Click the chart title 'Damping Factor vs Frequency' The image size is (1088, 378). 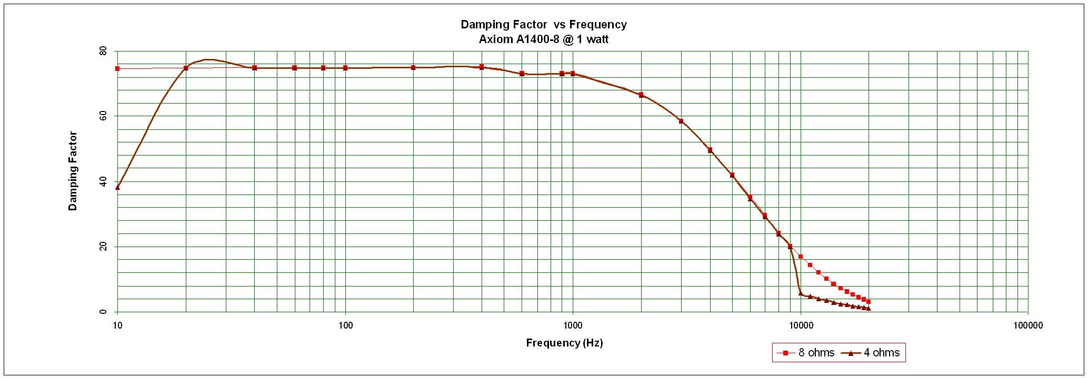click(x=543, y=24)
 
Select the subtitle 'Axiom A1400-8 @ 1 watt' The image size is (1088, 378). click(x=543, y=39)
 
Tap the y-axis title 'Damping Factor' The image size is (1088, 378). click(x=73, y=171)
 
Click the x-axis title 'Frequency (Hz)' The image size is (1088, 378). click(x=564, y=343)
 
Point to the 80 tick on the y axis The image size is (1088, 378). click(x=103, y=52)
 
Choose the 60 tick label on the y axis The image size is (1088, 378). click(x=103, y=116)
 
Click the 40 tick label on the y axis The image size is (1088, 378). click(x=103, y=181)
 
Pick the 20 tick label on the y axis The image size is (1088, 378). click(x=103, y=247)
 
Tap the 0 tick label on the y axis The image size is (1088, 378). click(x=104, y=312)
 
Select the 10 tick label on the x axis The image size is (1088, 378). click(x=117, y=325)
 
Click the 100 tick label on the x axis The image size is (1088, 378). click(x=345, y=325)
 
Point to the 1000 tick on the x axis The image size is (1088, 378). click(x=573, y=325)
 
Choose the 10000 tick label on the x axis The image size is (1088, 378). click(x=801, y=325)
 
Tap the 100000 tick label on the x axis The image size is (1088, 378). click(x=1028, y=325)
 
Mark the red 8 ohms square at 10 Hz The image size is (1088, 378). click(x=117, y=68)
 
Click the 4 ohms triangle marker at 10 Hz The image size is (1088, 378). click(x=117, y=187)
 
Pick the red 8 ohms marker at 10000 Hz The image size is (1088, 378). click(x=801, y=257)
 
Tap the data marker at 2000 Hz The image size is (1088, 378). click(x=641, y=95)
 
